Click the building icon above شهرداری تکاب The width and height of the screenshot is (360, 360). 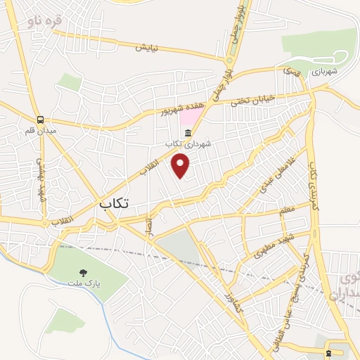point(188,134)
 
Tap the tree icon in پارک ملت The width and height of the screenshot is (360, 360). point(84,271)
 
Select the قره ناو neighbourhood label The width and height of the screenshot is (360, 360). point(45,22)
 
